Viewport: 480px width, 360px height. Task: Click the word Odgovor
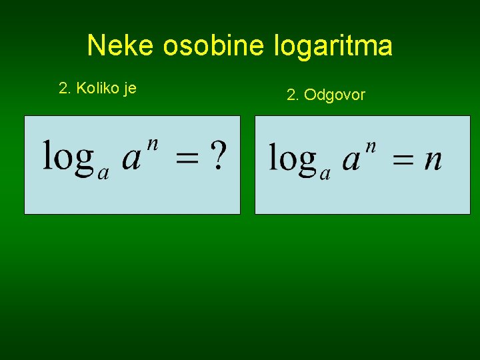[335, 95]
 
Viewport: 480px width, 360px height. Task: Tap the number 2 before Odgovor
[291, 95]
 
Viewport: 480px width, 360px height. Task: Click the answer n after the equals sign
[433, 161]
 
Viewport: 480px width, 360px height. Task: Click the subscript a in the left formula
[103, 173]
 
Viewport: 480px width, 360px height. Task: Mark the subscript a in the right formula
[325, 174]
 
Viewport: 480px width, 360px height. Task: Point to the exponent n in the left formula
[153, 145]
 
